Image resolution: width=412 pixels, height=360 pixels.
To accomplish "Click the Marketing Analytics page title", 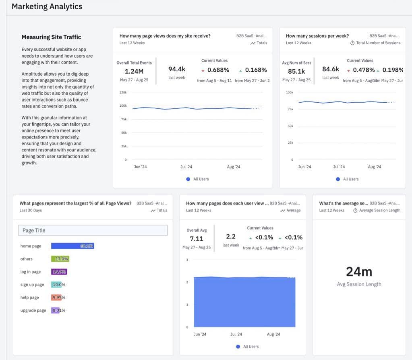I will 47,6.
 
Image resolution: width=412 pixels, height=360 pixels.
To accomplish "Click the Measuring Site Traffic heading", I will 51,37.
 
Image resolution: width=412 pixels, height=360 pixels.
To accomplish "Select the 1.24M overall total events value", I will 134,71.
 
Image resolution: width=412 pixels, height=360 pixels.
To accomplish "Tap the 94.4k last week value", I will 177,69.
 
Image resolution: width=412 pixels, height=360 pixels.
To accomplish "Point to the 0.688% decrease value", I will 218,70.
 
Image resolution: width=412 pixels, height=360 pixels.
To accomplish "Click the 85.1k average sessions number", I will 296,71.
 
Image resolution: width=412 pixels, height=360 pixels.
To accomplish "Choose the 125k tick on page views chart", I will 123,92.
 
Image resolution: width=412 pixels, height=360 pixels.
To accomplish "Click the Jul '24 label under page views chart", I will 186,167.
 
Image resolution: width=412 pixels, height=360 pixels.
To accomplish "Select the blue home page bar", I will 72,246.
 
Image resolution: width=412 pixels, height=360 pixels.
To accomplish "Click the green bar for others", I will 60,259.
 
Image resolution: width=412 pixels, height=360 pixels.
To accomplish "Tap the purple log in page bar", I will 59,272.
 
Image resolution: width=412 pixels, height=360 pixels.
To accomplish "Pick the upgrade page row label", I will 33,310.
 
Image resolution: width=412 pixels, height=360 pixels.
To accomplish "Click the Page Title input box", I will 93,230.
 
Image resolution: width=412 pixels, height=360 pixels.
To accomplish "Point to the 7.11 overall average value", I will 197,239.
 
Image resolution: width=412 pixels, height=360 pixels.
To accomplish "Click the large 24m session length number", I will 359,272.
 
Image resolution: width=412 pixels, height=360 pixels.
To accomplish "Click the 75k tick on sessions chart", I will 290,109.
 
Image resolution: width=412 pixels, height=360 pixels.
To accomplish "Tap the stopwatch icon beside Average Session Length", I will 355,210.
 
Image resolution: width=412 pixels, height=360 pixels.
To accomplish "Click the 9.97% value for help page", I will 59,298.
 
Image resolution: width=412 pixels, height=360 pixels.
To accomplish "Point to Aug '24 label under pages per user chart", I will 273,334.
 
